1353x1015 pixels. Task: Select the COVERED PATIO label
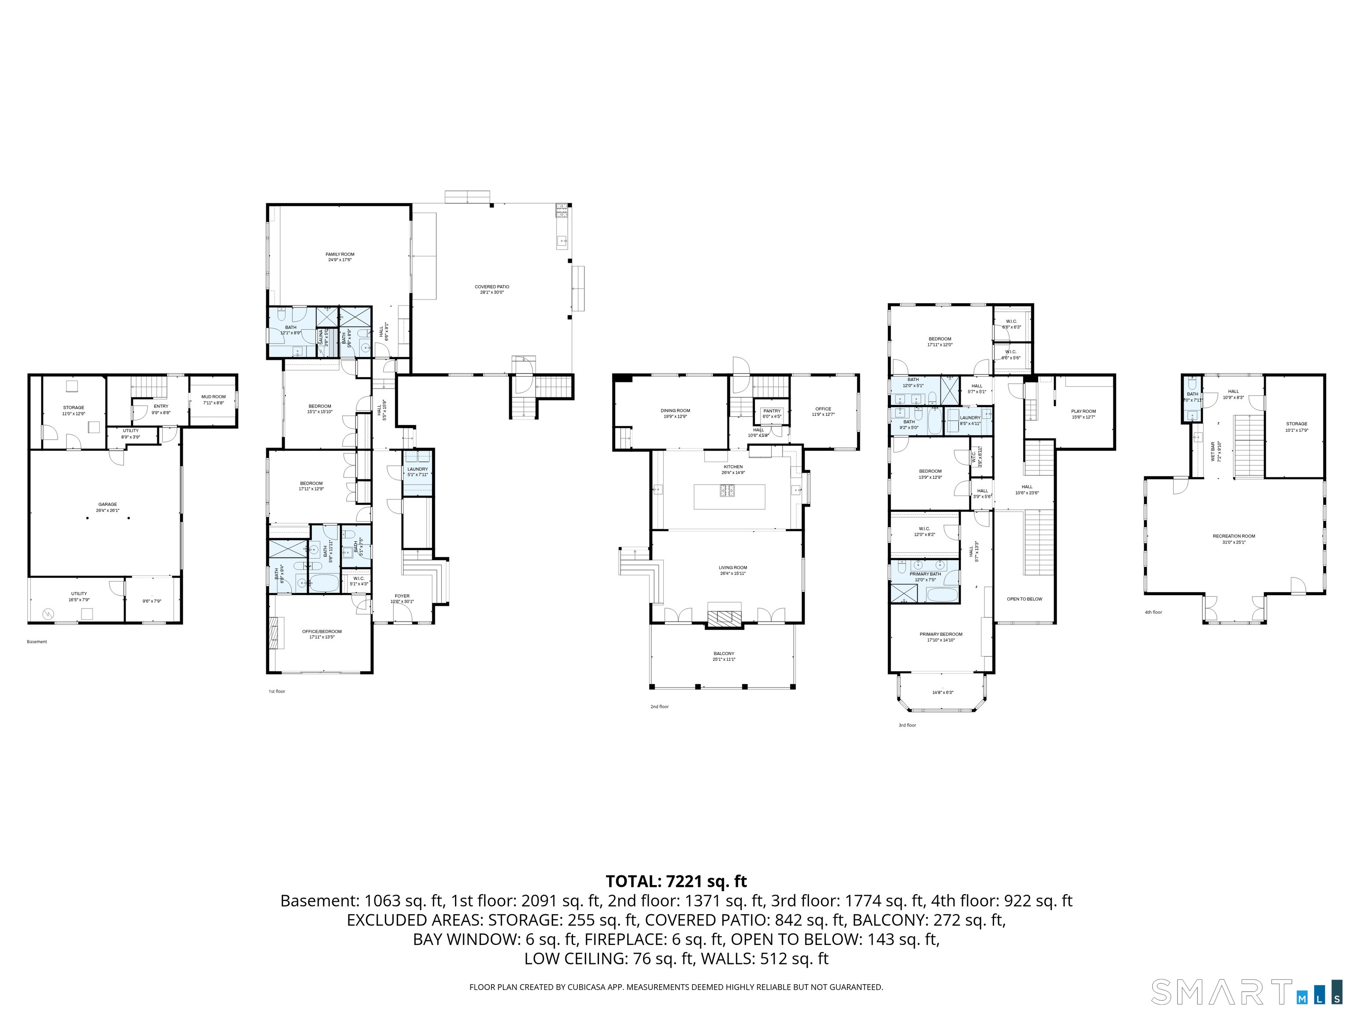(x=492, y=287)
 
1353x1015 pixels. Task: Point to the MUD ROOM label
(x=214, y=397)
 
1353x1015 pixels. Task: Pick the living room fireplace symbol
(x=724, y=616)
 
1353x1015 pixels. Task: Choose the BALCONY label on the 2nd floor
(x=724, y=653)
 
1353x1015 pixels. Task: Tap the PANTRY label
(x=772, y=411)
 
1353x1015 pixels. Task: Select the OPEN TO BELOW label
(x=1024, y=599)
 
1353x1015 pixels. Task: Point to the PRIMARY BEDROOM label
(x=941, y=634)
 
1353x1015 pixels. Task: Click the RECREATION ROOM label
(x=1234, y=536)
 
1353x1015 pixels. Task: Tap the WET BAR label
(x=1213, y=452)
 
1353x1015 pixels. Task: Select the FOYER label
(x=402, y=596)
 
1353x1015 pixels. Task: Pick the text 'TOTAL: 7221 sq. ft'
(x=676, y=882)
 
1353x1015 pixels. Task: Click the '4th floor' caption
(x=1153, y=612)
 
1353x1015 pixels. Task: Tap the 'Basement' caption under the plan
(x=37, y=642)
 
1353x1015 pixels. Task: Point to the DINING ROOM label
(x=675, y=411)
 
